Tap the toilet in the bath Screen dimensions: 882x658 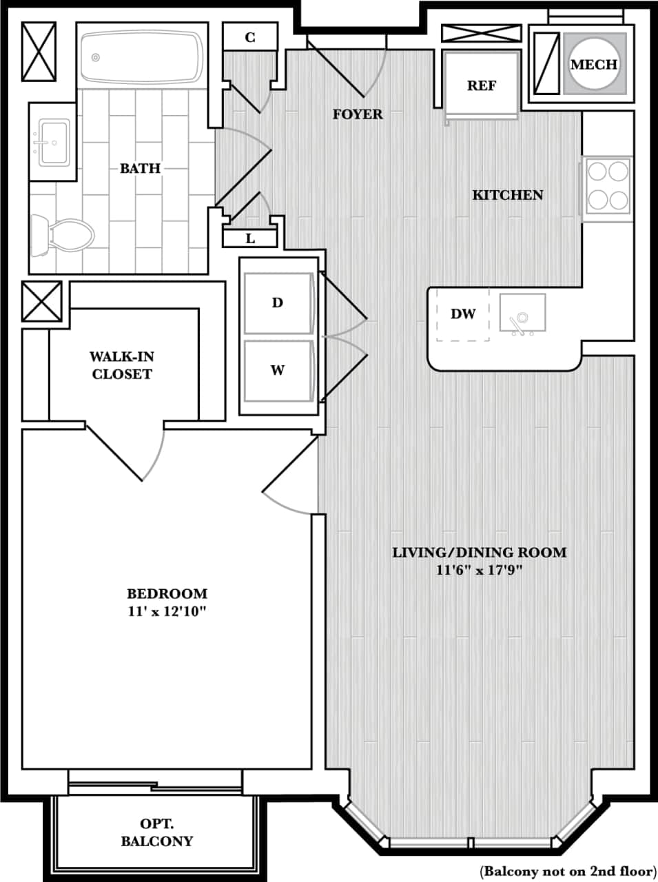(x=63, y=235)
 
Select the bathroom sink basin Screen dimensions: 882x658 (x=54, y=142)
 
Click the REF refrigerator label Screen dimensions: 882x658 (x=482, y=85)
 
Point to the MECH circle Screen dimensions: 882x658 (x=594, y=64)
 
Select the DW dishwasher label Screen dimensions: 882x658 (x=463, y=314)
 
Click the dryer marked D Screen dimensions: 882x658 (x=278, y=302)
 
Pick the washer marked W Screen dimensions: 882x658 (x=278, y=370)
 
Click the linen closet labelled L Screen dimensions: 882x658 (x=250, y=238)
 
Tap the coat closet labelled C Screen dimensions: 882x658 (x=250, y=37)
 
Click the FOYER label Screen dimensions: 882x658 (x=358, y=114)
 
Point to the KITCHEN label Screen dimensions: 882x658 (x=508, y=195)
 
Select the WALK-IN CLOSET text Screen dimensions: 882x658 (x=122, y=365)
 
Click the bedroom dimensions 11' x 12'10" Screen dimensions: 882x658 (x=167, y=611)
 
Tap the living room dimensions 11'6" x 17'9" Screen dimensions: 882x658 (x=480, y=570)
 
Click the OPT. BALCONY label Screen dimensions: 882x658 (x=157, y=832)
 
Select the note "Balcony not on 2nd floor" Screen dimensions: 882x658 (x=568, y=870)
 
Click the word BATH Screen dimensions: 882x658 (x=140, y=168)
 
